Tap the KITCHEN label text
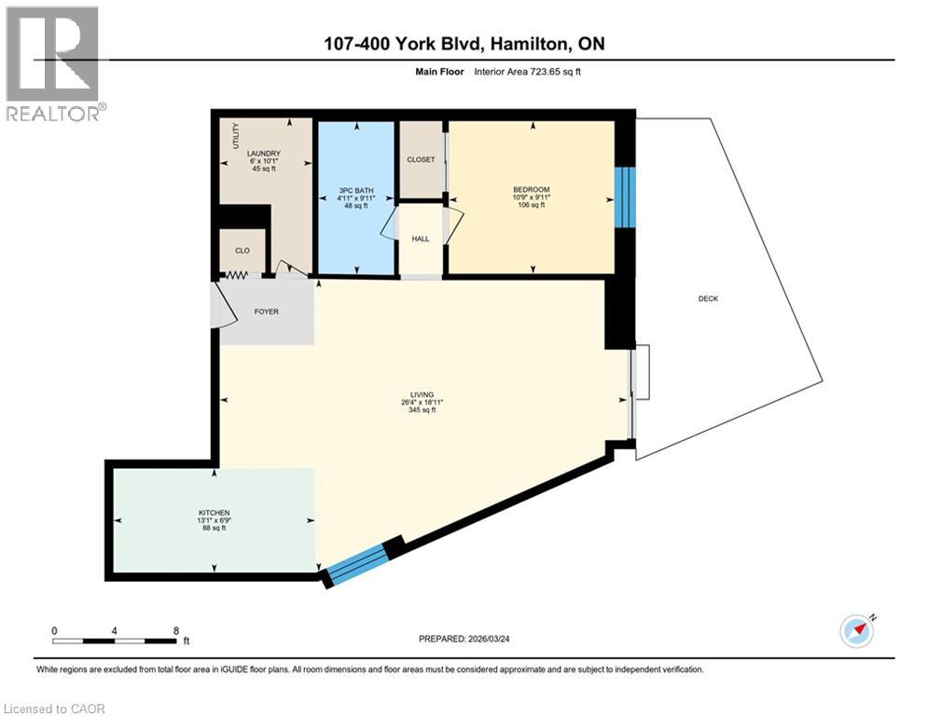(213, 512)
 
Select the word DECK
(709, 298)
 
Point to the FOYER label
(267, 311)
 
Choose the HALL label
(421, 240)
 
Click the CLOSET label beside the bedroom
(421, 159)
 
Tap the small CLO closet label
(242, 250)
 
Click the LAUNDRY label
(264, 154)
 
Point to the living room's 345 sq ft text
(422, 411)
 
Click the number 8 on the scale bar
(176, 630)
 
